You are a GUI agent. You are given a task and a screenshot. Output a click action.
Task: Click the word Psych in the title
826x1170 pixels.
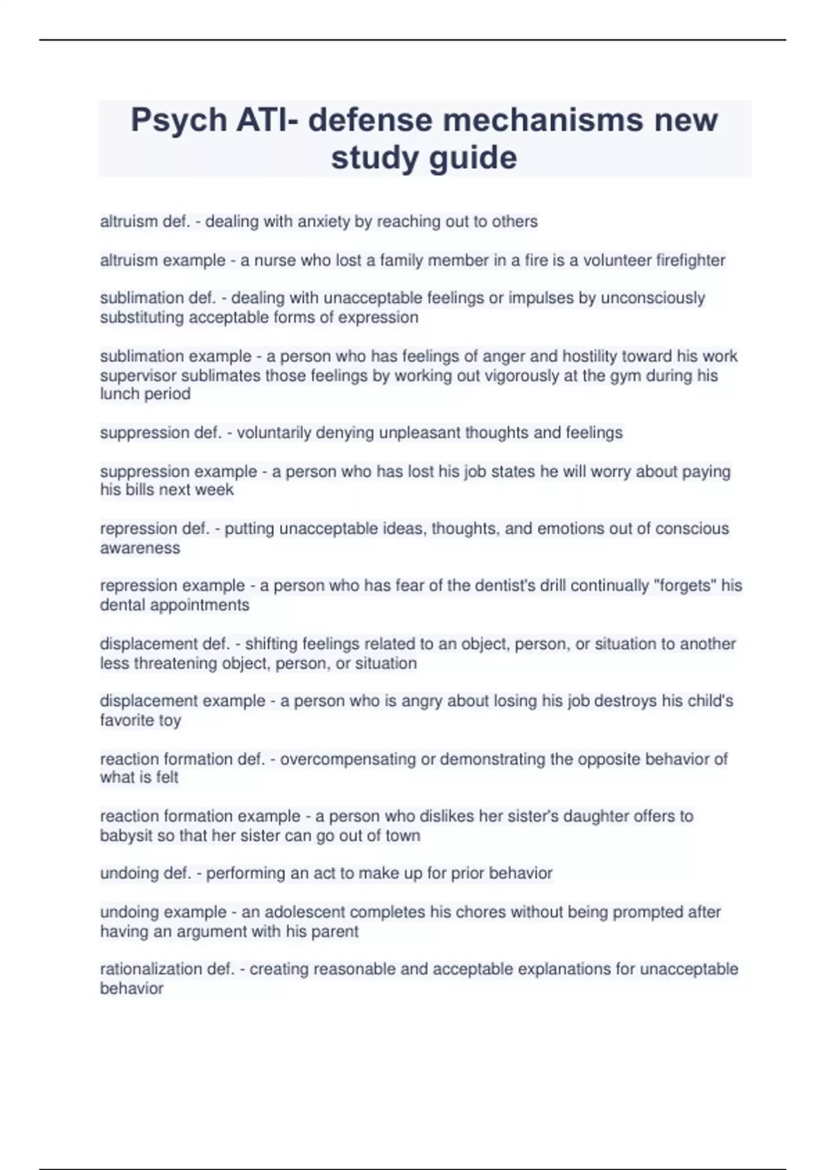[179, 121]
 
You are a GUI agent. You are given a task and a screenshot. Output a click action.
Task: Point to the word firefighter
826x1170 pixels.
[690, 260]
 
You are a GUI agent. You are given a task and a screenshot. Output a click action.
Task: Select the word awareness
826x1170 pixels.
[140, 548]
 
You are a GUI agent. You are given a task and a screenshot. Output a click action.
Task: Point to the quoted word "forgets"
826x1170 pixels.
[684, 586]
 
